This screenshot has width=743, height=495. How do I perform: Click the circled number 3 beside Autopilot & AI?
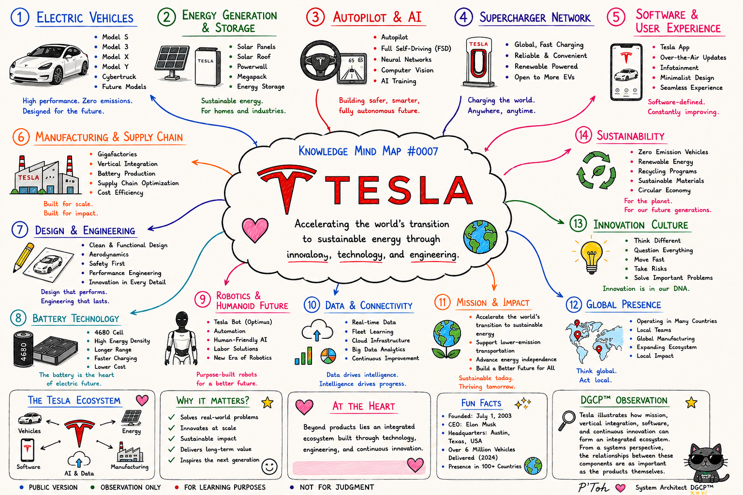[x=315, y=17]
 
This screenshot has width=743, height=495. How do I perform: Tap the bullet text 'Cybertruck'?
[x=119, y=77]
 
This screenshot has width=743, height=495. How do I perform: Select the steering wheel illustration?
[x=320, y=61]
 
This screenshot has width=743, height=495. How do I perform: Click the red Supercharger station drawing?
[x=478, y=63]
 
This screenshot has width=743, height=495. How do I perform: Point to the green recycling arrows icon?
[x=596, y=171]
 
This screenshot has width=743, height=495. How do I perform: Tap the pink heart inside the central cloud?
[x=255, y=230]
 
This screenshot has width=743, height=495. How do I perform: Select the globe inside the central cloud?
[x=480, y=236]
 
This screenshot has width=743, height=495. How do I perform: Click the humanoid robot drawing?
[x=181, y=338]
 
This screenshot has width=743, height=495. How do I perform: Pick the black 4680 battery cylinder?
[x=23, y=348]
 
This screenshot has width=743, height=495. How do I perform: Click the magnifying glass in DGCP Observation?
[x=566, y=421]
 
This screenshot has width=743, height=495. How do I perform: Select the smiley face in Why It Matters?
[x=269, y=467]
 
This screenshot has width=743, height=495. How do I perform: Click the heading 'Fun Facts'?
[x=481, y=403]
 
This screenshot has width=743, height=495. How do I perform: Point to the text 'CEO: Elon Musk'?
[x=472, y=424]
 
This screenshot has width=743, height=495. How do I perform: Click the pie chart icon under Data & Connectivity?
[x=328, y=356]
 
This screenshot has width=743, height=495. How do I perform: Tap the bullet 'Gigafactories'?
[x=117, y=154]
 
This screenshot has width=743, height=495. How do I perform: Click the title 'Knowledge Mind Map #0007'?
[x=368, y=151]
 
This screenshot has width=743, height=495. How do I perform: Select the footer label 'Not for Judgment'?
[x=337, y=487]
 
